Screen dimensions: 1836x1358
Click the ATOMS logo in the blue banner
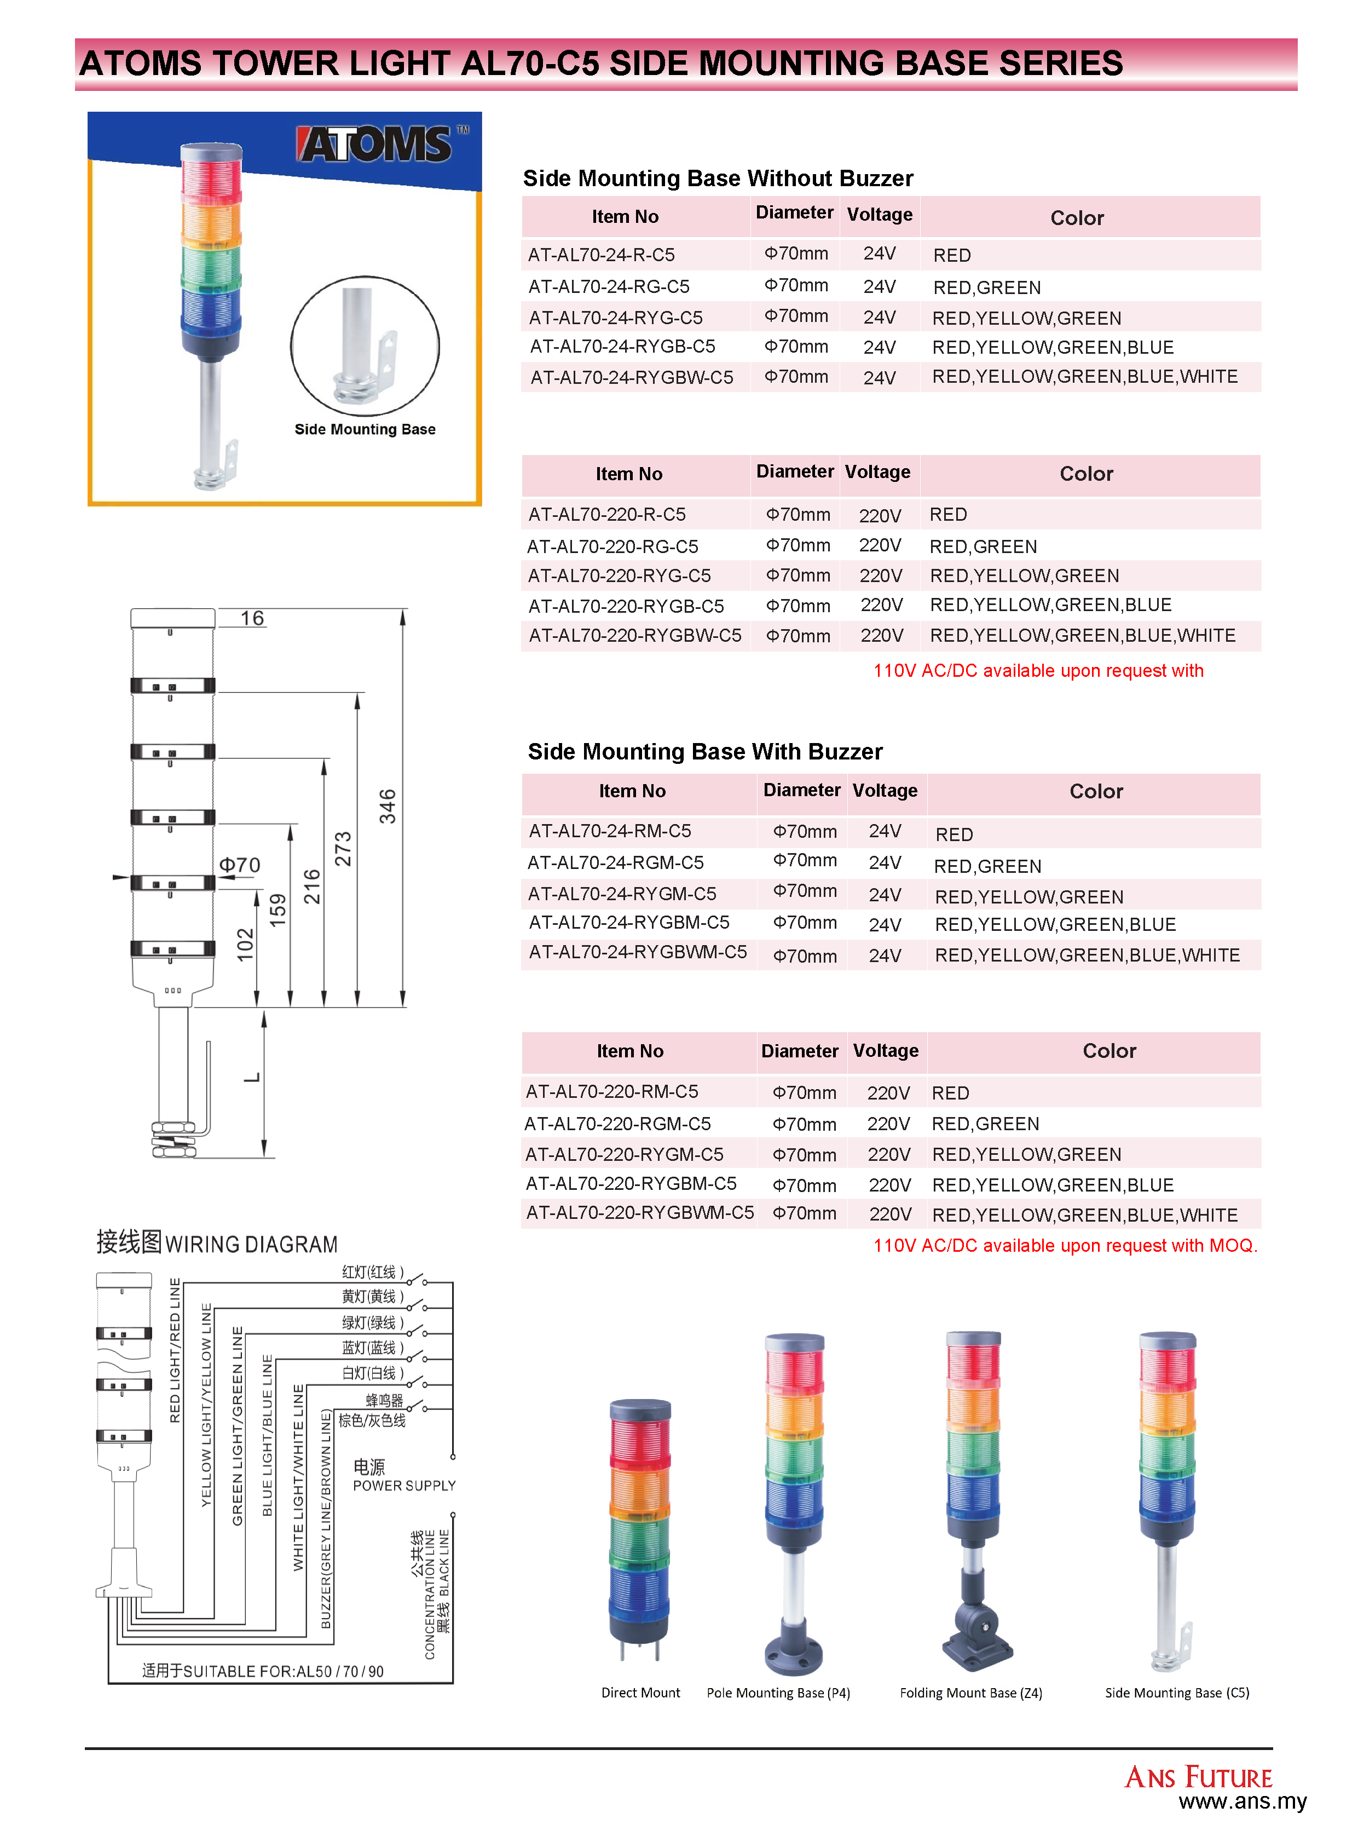pyautogui.click(x=375, y=145)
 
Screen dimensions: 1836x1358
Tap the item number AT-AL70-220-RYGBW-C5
pyautogui.click(x=634, y=636)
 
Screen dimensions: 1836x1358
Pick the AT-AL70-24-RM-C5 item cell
pyautogui.click(x=610, y=831)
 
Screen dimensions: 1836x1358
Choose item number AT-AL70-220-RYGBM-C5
pyautogui.click(x=631, y=1184)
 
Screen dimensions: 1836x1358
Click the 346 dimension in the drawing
pyautogui.click(x=387, y=806)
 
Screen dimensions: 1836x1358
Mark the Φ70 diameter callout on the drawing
pyautogui.click(x=239, y=865)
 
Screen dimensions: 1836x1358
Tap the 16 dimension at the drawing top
pyautogui.click(x=252, y=618)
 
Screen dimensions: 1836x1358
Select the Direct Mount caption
pyautogui.click(x=640, y=1693)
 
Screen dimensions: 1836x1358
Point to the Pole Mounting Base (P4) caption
pyautogui.click(x=778, y=1693)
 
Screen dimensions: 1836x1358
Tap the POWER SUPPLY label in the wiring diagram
pyautogui.click(x=403, y=1486)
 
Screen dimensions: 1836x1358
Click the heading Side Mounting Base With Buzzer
pyautogui.click(x=704, y=751)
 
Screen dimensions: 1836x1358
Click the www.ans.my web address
pyautogui.click(x=1241, y=1802)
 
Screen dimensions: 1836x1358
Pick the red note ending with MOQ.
pyautogui.click(x=1065, y=1246)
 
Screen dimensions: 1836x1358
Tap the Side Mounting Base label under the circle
pyautogui.click(x=365, y=429)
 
